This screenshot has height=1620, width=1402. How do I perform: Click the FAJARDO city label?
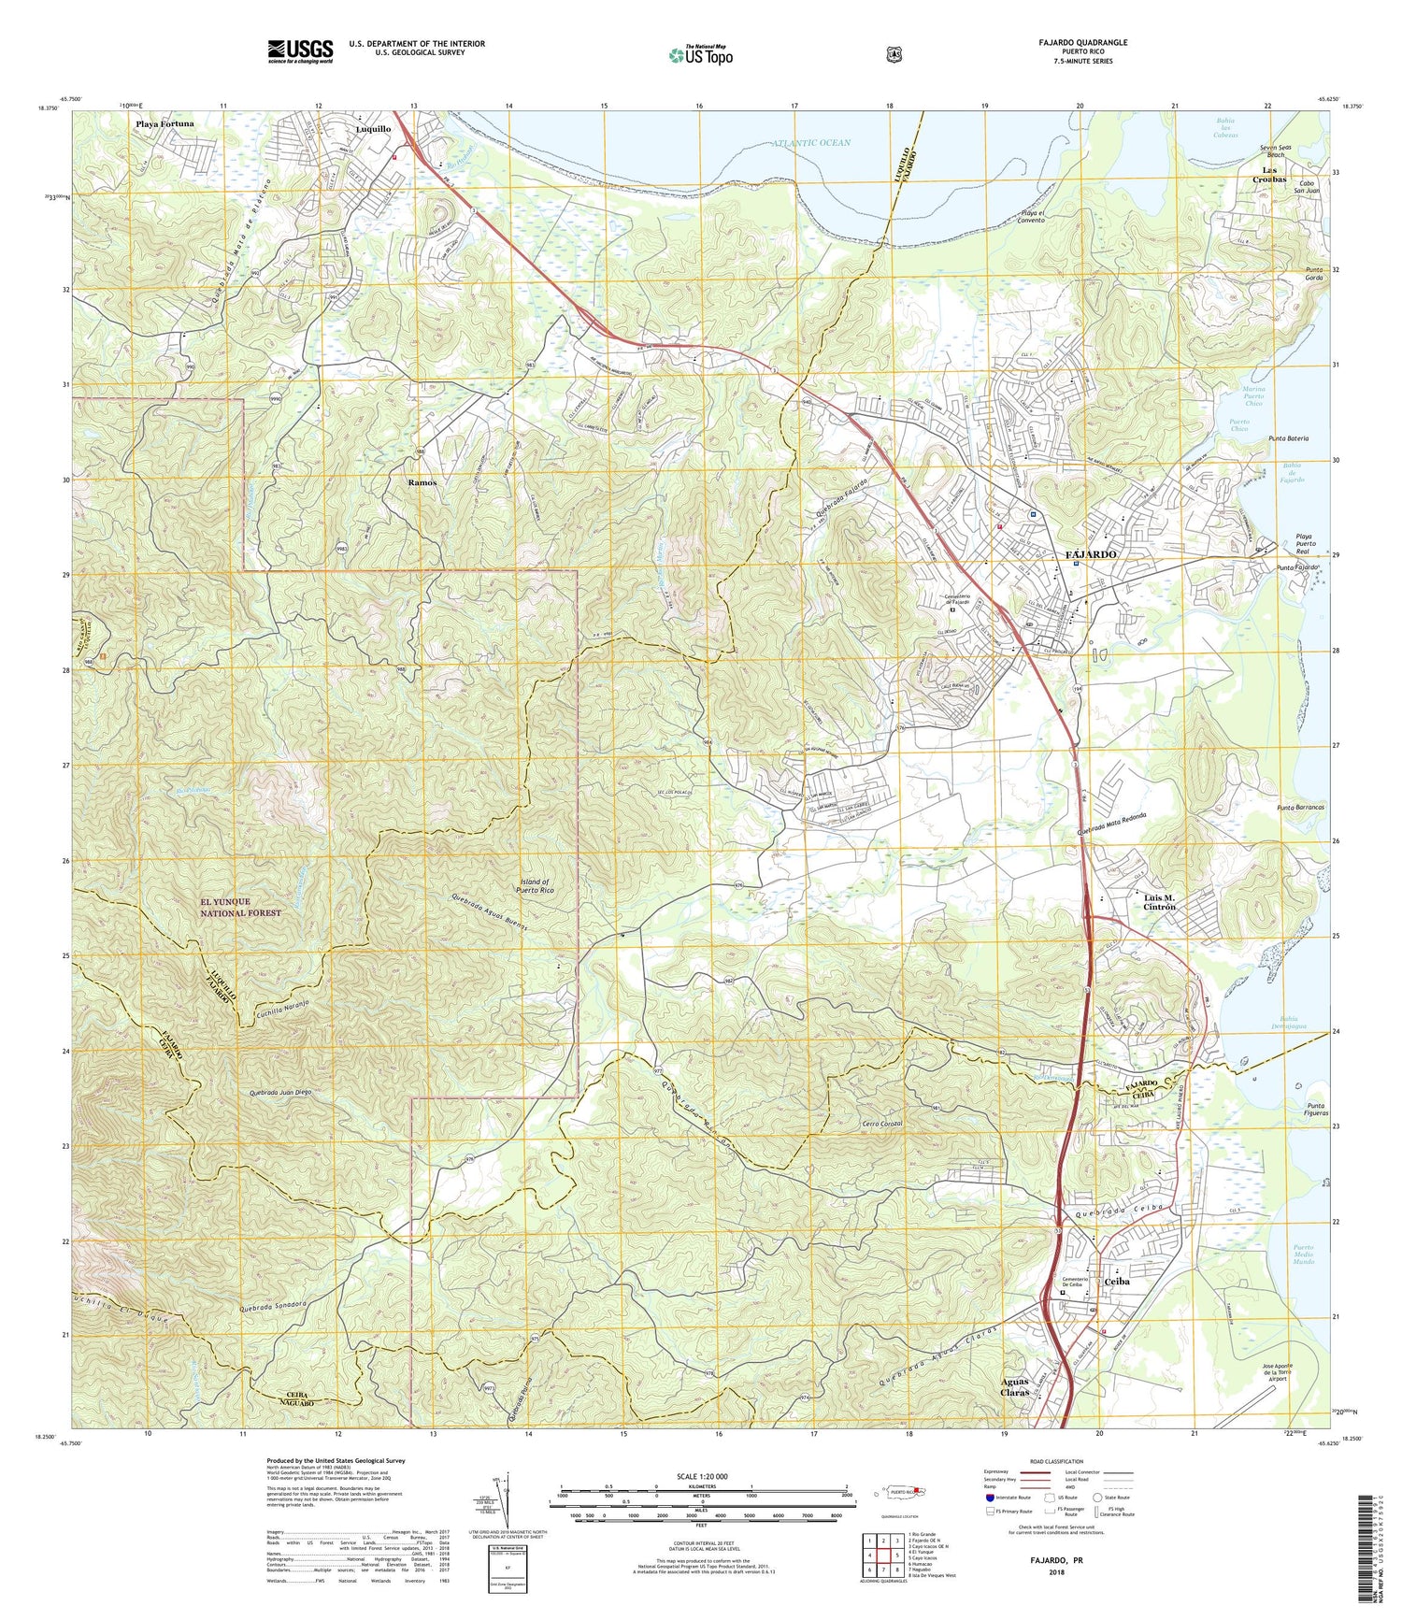(1091, 554)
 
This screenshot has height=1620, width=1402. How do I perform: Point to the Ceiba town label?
(1118, 1282)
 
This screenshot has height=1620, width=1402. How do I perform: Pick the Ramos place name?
(422, 482)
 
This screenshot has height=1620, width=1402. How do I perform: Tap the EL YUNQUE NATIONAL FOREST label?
(240, 907)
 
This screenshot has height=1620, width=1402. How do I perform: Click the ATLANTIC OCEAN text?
(812, 143)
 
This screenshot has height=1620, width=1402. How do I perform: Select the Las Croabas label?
(1274, 174)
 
